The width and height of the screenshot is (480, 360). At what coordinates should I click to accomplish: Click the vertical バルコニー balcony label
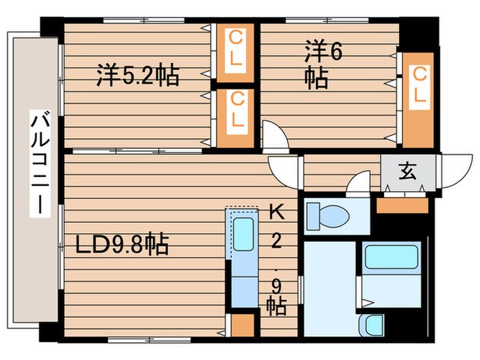(x=39, y=165)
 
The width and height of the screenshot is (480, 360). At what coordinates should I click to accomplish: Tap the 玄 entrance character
(x=407, y=172)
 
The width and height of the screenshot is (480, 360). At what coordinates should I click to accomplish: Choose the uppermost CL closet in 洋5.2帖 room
(x=235, y=48)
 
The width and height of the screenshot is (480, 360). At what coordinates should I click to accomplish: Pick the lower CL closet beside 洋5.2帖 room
(x=235, y=110)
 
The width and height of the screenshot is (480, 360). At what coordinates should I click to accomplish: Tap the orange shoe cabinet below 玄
(x=403, y=205)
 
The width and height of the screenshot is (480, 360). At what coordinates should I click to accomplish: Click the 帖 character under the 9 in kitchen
(x=276, y=305)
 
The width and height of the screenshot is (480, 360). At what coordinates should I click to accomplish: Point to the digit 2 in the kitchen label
(x=276, y=241)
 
